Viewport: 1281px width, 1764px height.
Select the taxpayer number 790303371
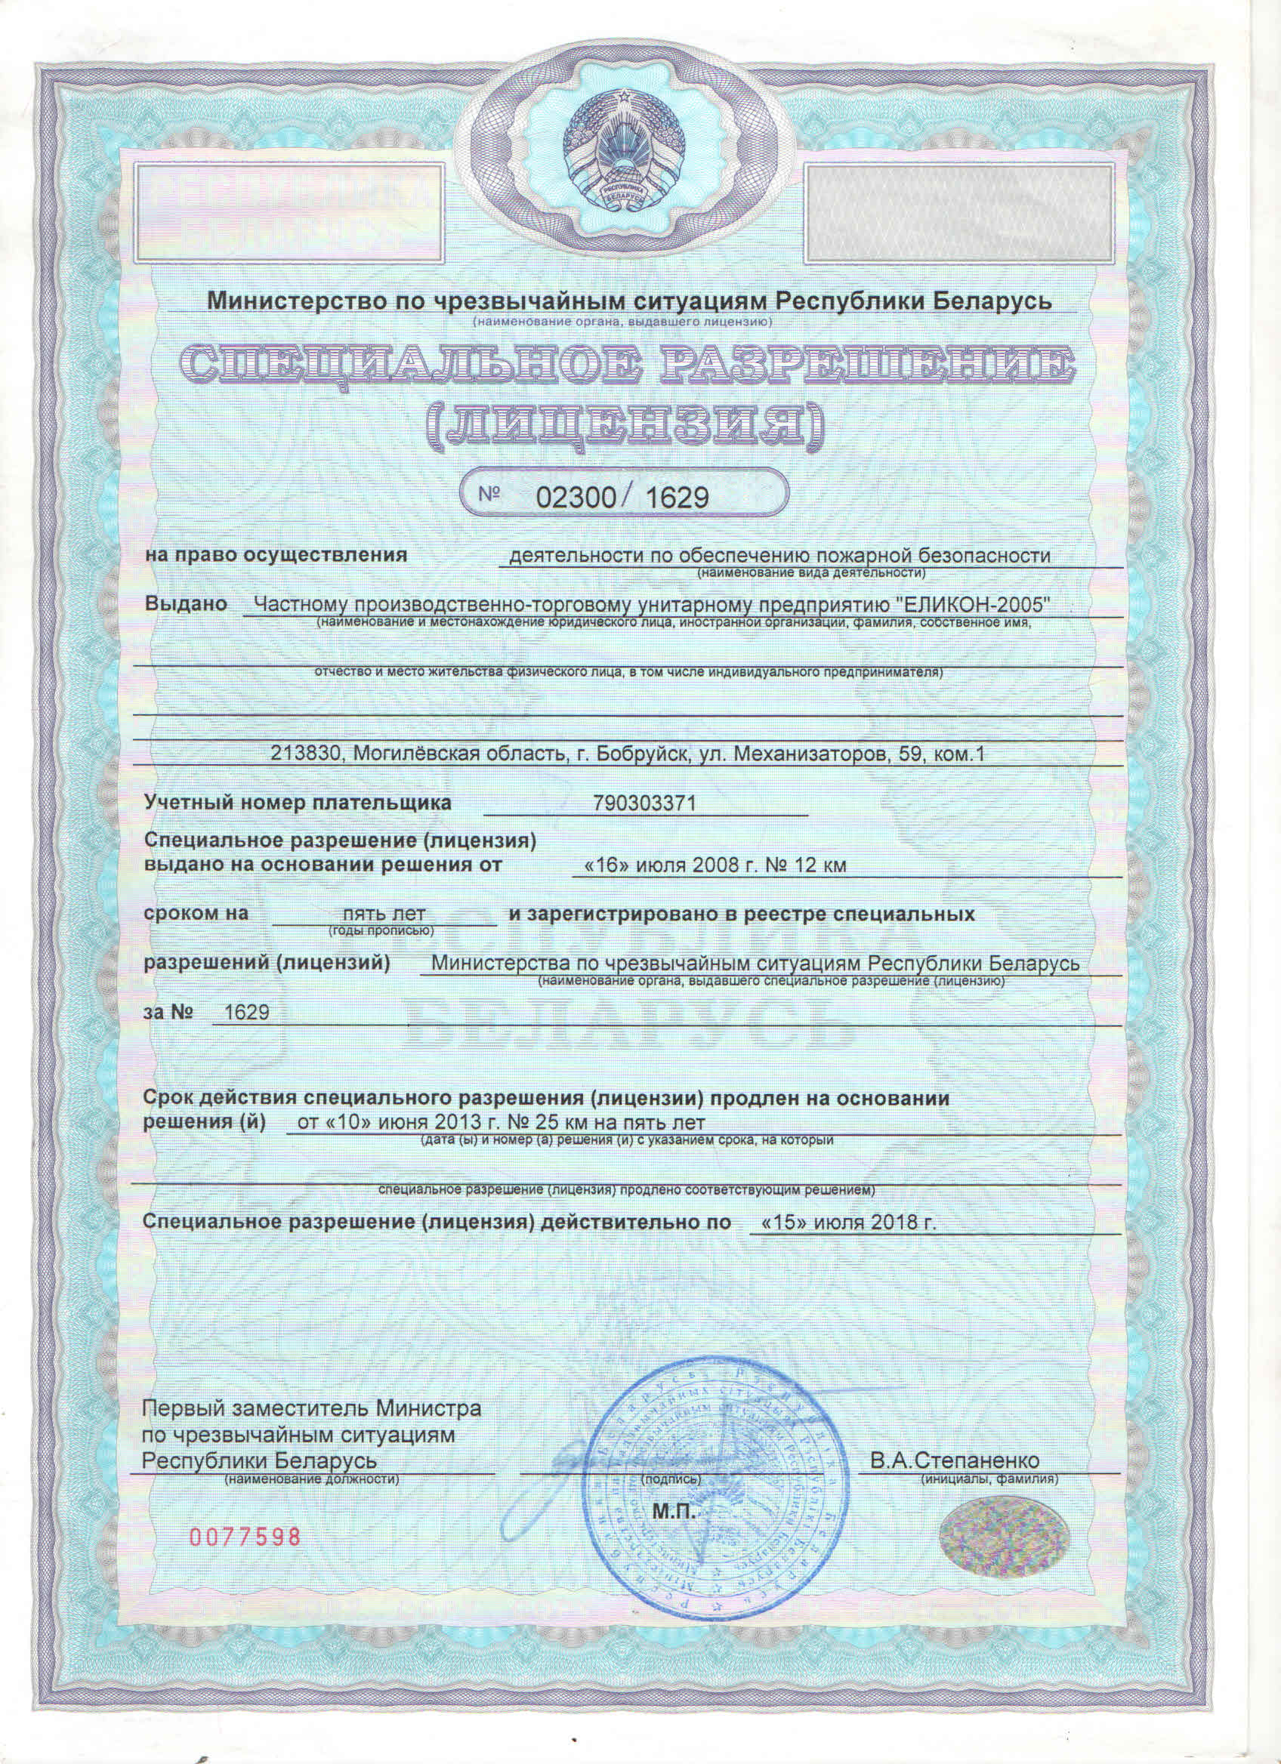click(x=644, y=803)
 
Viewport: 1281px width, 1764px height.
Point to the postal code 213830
click(x=304, y=753)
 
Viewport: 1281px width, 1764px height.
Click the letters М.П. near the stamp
click(x=674, y=1510)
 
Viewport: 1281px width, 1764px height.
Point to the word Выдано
click(x=186, y=604)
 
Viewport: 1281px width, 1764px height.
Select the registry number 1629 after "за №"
click(x=245, y=1012)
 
